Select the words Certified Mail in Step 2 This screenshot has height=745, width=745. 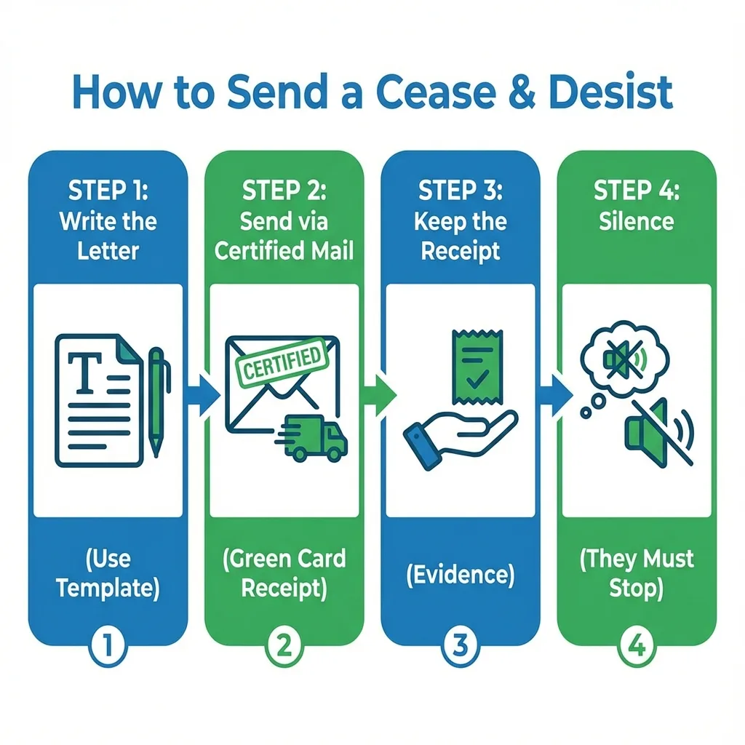284,251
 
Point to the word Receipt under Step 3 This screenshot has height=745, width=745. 461,251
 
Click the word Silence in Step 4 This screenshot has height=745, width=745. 636,221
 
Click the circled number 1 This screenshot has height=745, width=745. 108,645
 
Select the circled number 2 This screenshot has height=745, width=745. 284,645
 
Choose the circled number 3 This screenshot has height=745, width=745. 461,645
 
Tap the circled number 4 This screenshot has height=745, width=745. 636,645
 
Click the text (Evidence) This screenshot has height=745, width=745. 461,575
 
